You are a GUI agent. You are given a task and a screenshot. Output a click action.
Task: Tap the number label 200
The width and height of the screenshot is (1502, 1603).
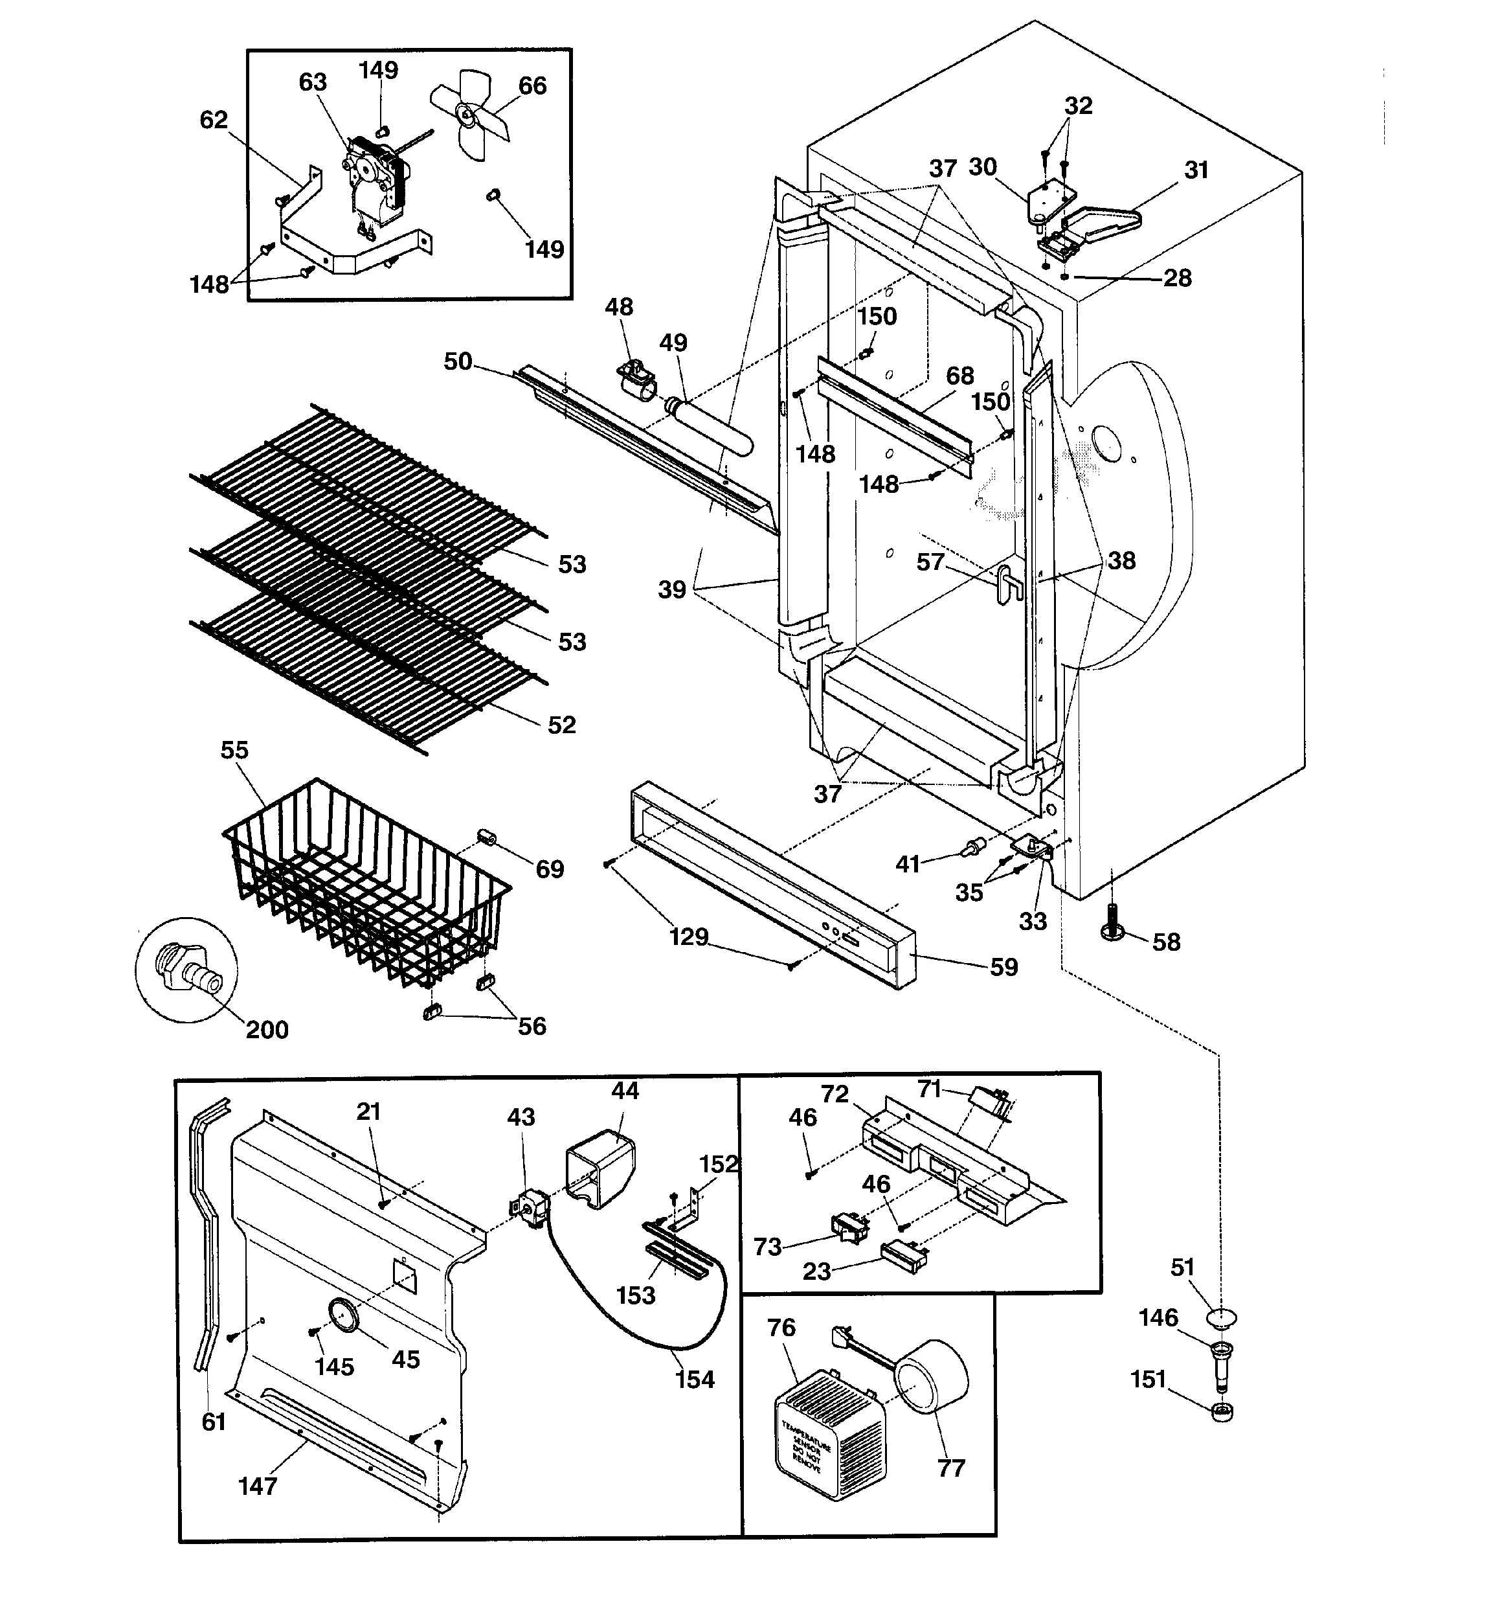click(x=266, y=1030)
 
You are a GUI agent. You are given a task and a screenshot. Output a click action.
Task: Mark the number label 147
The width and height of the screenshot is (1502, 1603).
click(x=258, y=1485)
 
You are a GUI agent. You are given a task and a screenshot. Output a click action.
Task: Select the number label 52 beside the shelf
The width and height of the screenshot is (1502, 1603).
click(x=562, y=725)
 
